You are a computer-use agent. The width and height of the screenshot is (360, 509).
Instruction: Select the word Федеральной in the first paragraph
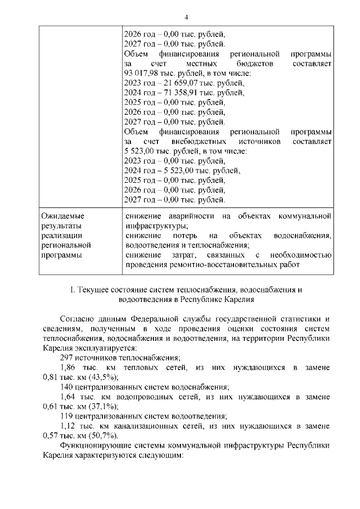coord(150,319)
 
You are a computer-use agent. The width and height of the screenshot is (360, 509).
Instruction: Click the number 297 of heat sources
coord(66,357)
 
